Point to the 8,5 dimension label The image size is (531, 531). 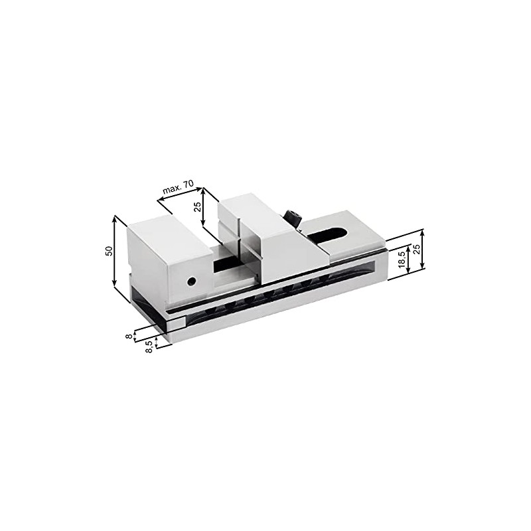coord(149,346)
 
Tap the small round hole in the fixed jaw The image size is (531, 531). coord(191,281)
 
